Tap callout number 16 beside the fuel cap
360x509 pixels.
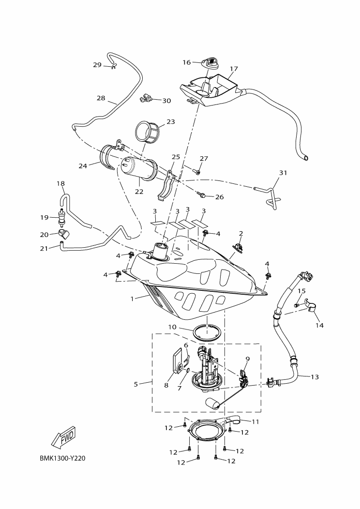(x=186, y=62)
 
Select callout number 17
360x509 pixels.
(x=234, y=69)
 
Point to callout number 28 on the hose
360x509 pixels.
(x=101, y=98)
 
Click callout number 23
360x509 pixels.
(x=171, y=122)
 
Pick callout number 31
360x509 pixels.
(x=283, y=173)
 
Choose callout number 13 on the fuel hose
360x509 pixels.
(x=315, y=376)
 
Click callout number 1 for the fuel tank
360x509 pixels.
(x=132, y=299)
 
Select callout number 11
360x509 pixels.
(x=255, y=422)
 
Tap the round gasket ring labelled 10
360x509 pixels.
(x=208, y=333)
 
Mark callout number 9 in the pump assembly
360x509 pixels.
(x=247, y=359)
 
